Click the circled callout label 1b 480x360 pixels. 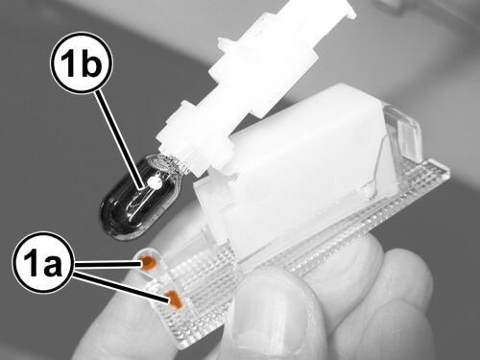pos(81,63)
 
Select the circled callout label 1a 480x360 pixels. pos(43,263)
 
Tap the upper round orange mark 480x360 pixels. pos(148,263)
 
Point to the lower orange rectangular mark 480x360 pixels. pos(174,300)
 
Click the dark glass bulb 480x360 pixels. pos(141,198)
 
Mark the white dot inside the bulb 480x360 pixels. pos(155,182)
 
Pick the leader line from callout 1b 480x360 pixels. pos(120,140)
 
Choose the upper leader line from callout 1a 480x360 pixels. pos(108,263)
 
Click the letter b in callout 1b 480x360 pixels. pos(92,63)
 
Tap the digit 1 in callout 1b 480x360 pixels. pos(68,63)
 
